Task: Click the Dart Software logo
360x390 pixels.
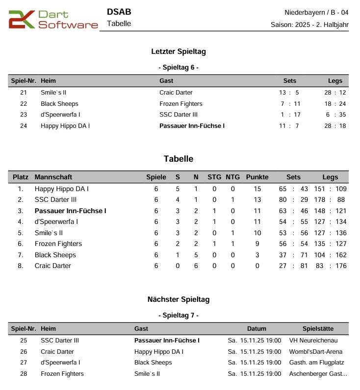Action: [x=53, y=19]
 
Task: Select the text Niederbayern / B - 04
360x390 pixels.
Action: [x=316, y=12]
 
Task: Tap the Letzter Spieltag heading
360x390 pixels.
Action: [x=179, y=51]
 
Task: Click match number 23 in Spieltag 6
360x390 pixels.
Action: [x=24, y=115]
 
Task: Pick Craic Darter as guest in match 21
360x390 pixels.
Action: [x=176, y=93]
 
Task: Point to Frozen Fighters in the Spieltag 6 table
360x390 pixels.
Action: [x=181, y=104]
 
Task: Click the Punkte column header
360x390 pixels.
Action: [x=257, y=177]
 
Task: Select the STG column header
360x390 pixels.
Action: [x=214, y=177]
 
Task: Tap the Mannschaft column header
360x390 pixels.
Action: [x=53, y=177]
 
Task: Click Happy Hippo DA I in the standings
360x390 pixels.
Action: [x=62, y=189]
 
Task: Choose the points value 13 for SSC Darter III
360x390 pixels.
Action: [x=257, y=200]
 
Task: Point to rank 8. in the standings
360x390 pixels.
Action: [x=21, y=266]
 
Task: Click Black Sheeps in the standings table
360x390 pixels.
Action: [x=55, y=255]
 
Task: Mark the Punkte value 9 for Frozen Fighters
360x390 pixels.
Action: [x=257, y=244]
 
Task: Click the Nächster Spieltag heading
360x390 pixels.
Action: [x=179, y=299]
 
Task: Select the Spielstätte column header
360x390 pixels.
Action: [x=318, y=329]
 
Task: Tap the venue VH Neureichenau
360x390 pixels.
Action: [x=313, y=341]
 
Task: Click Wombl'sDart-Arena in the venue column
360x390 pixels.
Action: [x=316, y=352]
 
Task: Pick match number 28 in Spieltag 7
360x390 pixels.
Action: [x=24, y=374]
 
